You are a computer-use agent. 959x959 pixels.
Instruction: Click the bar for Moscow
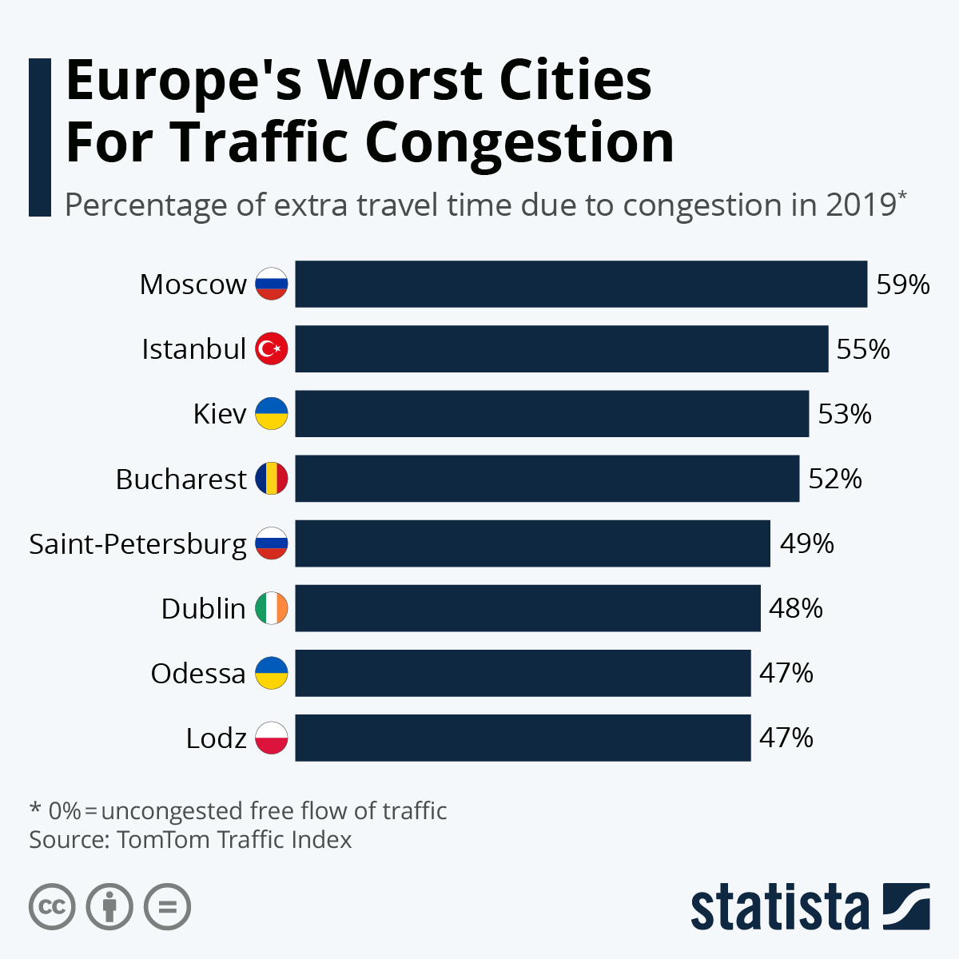point(581,284)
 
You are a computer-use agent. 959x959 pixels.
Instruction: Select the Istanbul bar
point(562,348)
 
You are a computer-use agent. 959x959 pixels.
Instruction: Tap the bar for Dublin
point(527,608)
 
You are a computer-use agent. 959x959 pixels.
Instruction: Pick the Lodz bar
point(523,738)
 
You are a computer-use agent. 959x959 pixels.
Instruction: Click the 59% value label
point(903,285)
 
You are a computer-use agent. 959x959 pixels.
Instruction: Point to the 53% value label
point(845,414)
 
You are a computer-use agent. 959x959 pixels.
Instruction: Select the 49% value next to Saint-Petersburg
point(807,543)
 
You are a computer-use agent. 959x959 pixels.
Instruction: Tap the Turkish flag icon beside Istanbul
point(272,349)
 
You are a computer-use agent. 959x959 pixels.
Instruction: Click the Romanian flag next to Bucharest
point(272,479)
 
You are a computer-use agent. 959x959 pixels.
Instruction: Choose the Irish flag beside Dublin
point(272,608)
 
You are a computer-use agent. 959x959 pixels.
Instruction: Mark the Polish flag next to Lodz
point(272,738)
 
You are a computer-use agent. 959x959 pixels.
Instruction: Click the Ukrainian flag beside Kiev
point(272,414)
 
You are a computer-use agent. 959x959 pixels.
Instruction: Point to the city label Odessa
point(198,674)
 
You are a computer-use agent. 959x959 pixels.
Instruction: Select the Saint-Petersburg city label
point(138,544)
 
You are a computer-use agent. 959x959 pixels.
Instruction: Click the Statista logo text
point(779,907)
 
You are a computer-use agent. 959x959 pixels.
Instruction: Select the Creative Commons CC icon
point(53,907)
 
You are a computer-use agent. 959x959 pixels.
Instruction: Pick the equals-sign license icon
point(168,907)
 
